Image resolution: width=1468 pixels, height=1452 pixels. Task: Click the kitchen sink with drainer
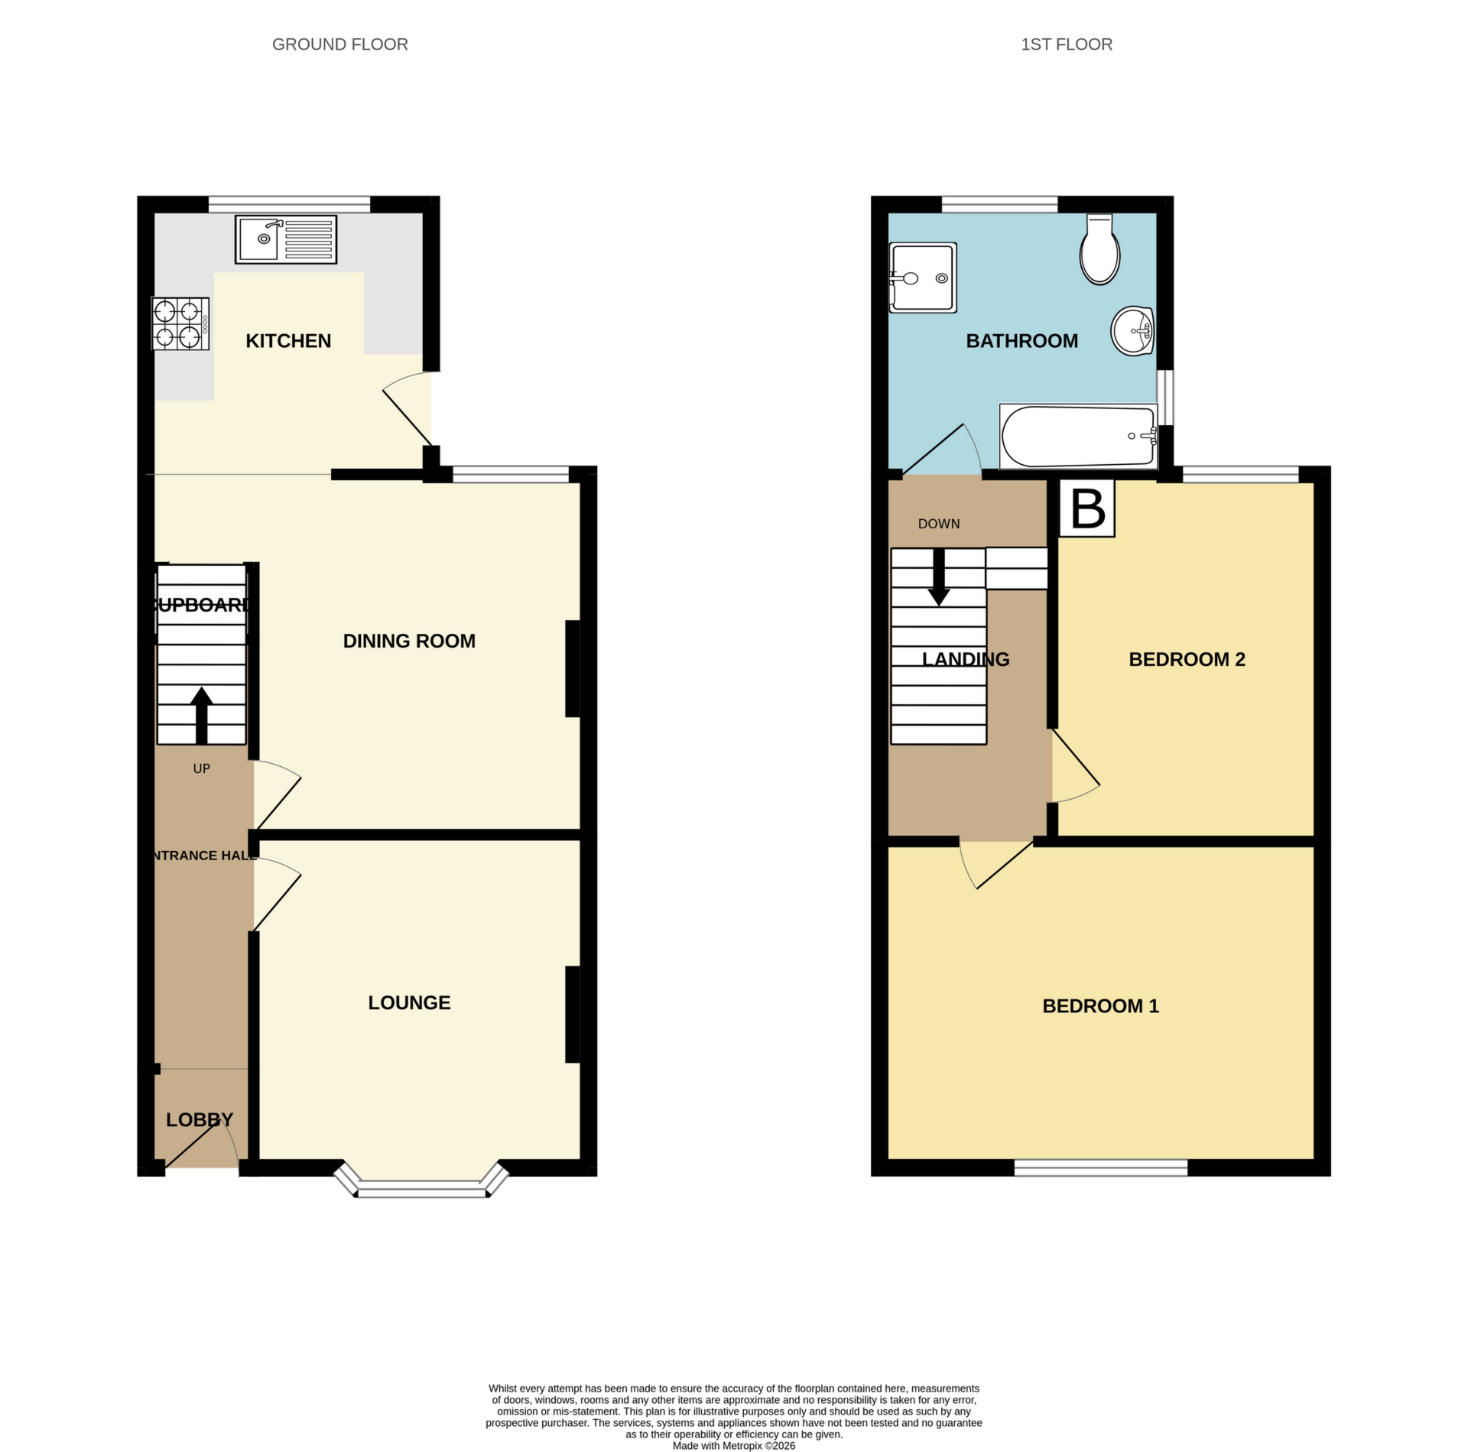[x=286, y=240]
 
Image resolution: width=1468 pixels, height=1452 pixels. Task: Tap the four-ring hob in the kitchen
[x=180, y=323]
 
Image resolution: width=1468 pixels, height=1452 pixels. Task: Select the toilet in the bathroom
[x=1099, y=251]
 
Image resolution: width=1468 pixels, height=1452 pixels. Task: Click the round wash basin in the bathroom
[x=1132, y=331]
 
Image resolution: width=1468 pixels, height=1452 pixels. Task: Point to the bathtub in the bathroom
[x=1078, y=437]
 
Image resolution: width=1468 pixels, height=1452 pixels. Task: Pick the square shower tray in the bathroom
[x=923, y=277]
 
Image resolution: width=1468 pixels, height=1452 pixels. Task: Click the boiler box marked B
[x=1087, y=508]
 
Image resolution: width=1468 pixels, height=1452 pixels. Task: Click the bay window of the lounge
[x=422, y=1189]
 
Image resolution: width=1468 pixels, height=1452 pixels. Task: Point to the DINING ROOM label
[x=409, y=641]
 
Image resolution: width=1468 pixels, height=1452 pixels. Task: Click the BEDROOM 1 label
[x=1100, y=1005]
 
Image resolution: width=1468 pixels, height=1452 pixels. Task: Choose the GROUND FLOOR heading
[x=339, y=44]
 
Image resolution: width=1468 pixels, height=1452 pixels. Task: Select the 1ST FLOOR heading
[x=1066, y=44]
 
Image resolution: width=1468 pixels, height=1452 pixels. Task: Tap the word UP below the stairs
[x=201, y=768]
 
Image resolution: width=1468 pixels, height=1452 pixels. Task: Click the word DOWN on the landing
[x=938, y=524]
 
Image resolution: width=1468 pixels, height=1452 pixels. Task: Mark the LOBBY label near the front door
[x=199, y=1119]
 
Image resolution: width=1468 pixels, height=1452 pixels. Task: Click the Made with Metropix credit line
[x=733, y=1446]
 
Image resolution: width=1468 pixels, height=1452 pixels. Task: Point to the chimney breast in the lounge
[x=572, y=1015]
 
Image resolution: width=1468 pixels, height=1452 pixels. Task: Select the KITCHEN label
[x=288, y=341]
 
